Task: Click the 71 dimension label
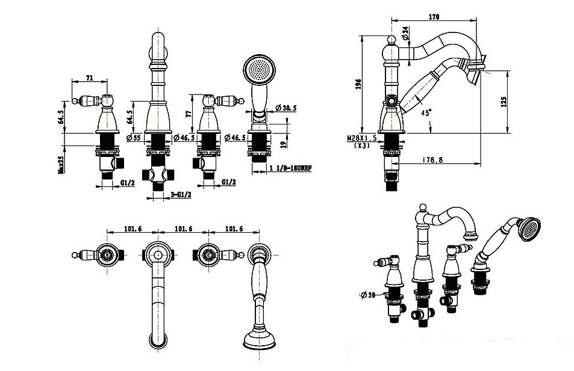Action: pos(89,78)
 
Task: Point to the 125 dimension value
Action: pos(504,102)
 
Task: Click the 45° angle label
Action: pos(425,112)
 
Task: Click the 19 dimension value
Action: pos(284,144)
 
